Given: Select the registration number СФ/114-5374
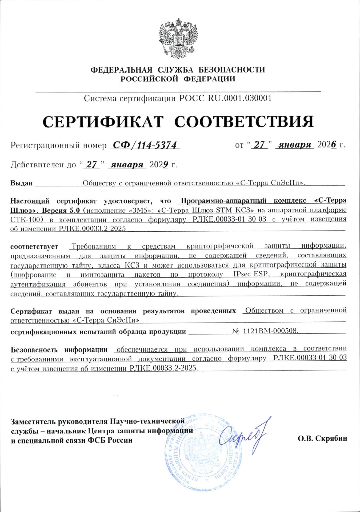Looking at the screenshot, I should tap(145, 145).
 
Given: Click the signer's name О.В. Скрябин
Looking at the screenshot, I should tap(322, 438).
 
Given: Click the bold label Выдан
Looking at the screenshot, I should tap(21, 183).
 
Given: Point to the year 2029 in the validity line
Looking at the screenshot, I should tap(159, 165).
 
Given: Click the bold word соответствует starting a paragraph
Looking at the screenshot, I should tap(34, 247).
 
